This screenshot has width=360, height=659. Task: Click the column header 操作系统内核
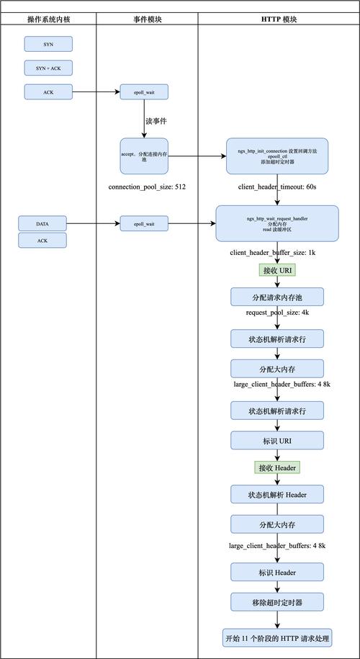point(48,19)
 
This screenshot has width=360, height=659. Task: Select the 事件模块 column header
point(147,19)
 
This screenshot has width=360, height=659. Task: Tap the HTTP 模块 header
point(279,19)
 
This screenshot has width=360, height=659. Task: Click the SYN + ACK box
point(48,68)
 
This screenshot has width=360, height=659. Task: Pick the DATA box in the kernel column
point(42,224)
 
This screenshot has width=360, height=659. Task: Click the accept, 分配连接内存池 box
point(144,155)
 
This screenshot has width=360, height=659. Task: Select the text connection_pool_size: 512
point(147,187)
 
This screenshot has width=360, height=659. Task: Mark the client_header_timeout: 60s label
point(277,187)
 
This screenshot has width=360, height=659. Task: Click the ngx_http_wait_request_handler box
point(277,223)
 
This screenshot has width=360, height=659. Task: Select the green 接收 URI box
point(277,270)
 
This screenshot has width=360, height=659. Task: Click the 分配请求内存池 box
point(277,297)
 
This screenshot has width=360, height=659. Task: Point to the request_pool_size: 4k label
point(277,314)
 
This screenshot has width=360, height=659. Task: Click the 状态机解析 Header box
point(277,494)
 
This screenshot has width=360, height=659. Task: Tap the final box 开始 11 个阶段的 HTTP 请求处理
point(277,637)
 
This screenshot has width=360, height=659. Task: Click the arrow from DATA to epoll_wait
point(94,224)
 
